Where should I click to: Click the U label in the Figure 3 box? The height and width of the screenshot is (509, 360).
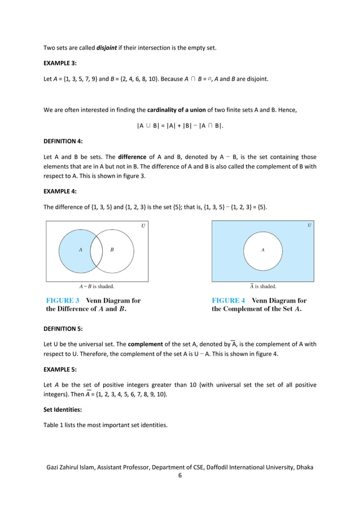[142, 226]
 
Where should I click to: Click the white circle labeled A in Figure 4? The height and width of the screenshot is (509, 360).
[262, 251]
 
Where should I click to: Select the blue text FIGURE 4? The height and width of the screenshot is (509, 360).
[229, 301]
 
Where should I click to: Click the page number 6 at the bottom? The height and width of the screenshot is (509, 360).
[179, 477]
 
